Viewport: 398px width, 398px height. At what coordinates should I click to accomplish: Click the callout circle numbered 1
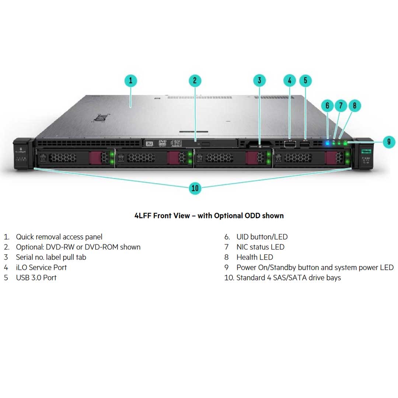[130, 81]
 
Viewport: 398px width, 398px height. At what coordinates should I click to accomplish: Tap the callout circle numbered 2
[195, 81]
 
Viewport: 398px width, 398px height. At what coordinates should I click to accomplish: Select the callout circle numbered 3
[259, 81]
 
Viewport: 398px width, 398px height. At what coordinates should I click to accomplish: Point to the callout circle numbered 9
[389, 142]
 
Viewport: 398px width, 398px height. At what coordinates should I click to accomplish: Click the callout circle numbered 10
[195, 188]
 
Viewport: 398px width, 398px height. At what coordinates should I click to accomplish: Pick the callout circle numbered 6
[327, 106]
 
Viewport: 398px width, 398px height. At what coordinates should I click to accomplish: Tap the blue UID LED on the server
[328, 143]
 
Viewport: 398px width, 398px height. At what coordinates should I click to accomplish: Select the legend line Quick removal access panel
[59, 237]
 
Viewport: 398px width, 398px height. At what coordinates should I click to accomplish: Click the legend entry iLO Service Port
[41, 268]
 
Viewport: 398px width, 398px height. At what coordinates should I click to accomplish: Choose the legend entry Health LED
[255, 257]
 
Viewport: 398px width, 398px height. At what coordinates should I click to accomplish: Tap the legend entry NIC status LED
[260, 247]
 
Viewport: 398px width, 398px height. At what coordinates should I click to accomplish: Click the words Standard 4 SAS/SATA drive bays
[288, 277]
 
